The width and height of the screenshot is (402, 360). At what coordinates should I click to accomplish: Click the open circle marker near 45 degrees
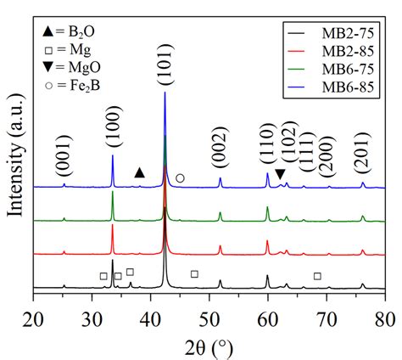pos(180,178)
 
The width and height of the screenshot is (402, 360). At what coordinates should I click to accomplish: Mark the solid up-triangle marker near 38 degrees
pos(140,172)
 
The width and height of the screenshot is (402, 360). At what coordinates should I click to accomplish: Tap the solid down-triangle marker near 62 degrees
pos(281,174)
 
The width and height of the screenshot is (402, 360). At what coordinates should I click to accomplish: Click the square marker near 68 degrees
pos(317,276)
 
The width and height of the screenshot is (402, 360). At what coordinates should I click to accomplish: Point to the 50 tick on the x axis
pos(209,319)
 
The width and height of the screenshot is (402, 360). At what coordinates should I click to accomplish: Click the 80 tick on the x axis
pos(385,319)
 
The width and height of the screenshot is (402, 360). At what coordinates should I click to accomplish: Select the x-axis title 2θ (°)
pos(209,346)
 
